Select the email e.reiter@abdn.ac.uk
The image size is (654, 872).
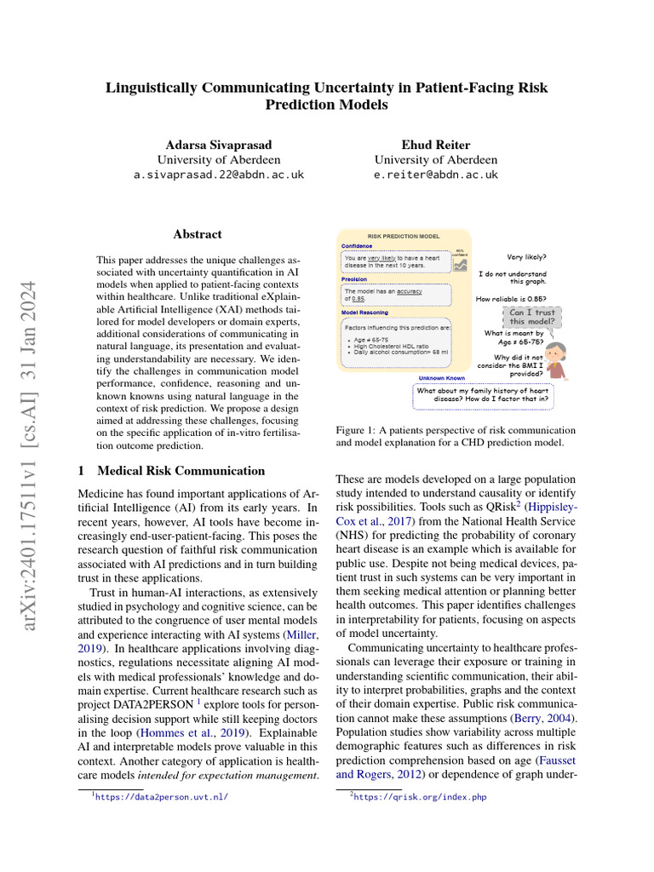(x=436, y=175)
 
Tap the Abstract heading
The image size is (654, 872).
(x=198, y=234)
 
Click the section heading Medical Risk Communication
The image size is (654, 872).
(x=181, y=471)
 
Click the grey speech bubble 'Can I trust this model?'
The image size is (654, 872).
(x=531, y=316)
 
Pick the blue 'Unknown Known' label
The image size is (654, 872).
(x=441, y=378)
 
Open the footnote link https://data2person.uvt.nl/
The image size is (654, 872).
(x=162, y=798)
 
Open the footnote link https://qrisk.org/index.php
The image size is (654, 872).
(x=420, y=798)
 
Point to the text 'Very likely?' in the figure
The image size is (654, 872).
(x=526, y=257)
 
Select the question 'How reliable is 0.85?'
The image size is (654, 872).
(x=511, y=299)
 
